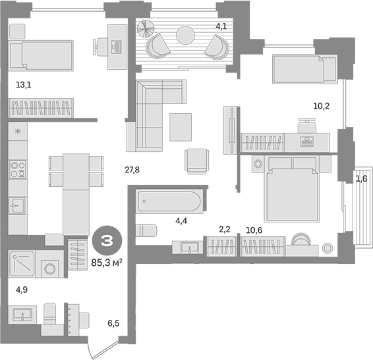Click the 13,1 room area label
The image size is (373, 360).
point(23,85)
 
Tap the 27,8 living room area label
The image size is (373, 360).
point(132,170)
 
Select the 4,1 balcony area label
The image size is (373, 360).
point(221,26)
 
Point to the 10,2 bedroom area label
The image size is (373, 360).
point(321,106)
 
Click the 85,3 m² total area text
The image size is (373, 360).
point(107,263)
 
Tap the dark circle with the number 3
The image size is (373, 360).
point(107,241)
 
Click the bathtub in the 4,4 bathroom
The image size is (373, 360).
point(169,201)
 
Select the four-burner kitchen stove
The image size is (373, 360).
point(18,169)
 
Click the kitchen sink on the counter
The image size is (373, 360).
point(17,205)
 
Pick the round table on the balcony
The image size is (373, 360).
point(185,35)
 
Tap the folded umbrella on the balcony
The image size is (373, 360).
point(146,28)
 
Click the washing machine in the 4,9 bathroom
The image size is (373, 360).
point(50,264)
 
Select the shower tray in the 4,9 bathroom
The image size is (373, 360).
point(22,264)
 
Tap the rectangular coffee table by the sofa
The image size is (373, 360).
point(181,127)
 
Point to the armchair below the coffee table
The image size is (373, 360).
point(197,161)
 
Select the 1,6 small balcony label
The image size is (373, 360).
point(361,178)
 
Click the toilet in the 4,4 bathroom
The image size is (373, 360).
point(146,230)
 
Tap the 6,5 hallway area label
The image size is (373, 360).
point(113,323)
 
